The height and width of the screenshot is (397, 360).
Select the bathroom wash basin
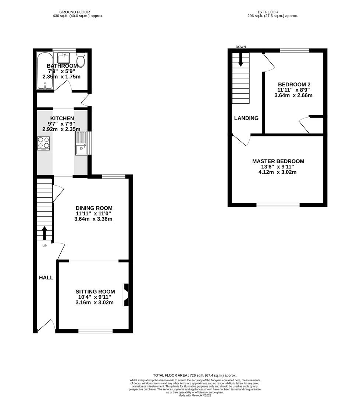click(x=64, y=58)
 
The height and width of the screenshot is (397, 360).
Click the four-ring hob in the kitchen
click(x=43, y=143)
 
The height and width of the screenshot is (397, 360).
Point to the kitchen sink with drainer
click(x=81, y=144)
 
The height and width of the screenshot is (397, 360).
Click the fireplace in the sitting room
click(x=126, y=295)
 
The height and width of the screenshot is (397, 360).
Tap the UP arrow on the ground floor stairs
click(x=44, y=233)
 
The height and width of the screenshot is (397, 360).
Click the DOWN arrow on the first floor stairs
click(x=241, y=60)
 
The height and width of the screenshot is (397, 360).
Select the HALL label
click(x=46, y=278)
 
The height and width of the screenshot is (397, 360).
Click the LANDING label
click(x=246, y=118)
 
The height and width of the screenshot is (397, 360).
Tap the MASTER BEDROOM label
click(x=278, y=161)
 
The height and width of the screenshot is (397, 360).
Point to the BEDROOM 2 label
click(x=293, y=84)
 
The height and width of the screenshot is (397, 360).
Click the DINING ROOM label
click(x=94, y=208)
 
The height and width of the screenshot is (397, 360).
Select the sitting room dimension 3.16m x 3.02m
click(x=94, y=303)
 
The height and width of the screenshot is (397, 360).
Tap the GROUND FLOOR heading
click(x=75, y=12)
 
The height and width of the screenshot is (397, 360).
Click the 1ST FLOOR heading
click(x=268, y=12)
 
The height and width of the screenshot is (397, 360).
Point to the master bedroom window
click(x=278, y=204)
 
